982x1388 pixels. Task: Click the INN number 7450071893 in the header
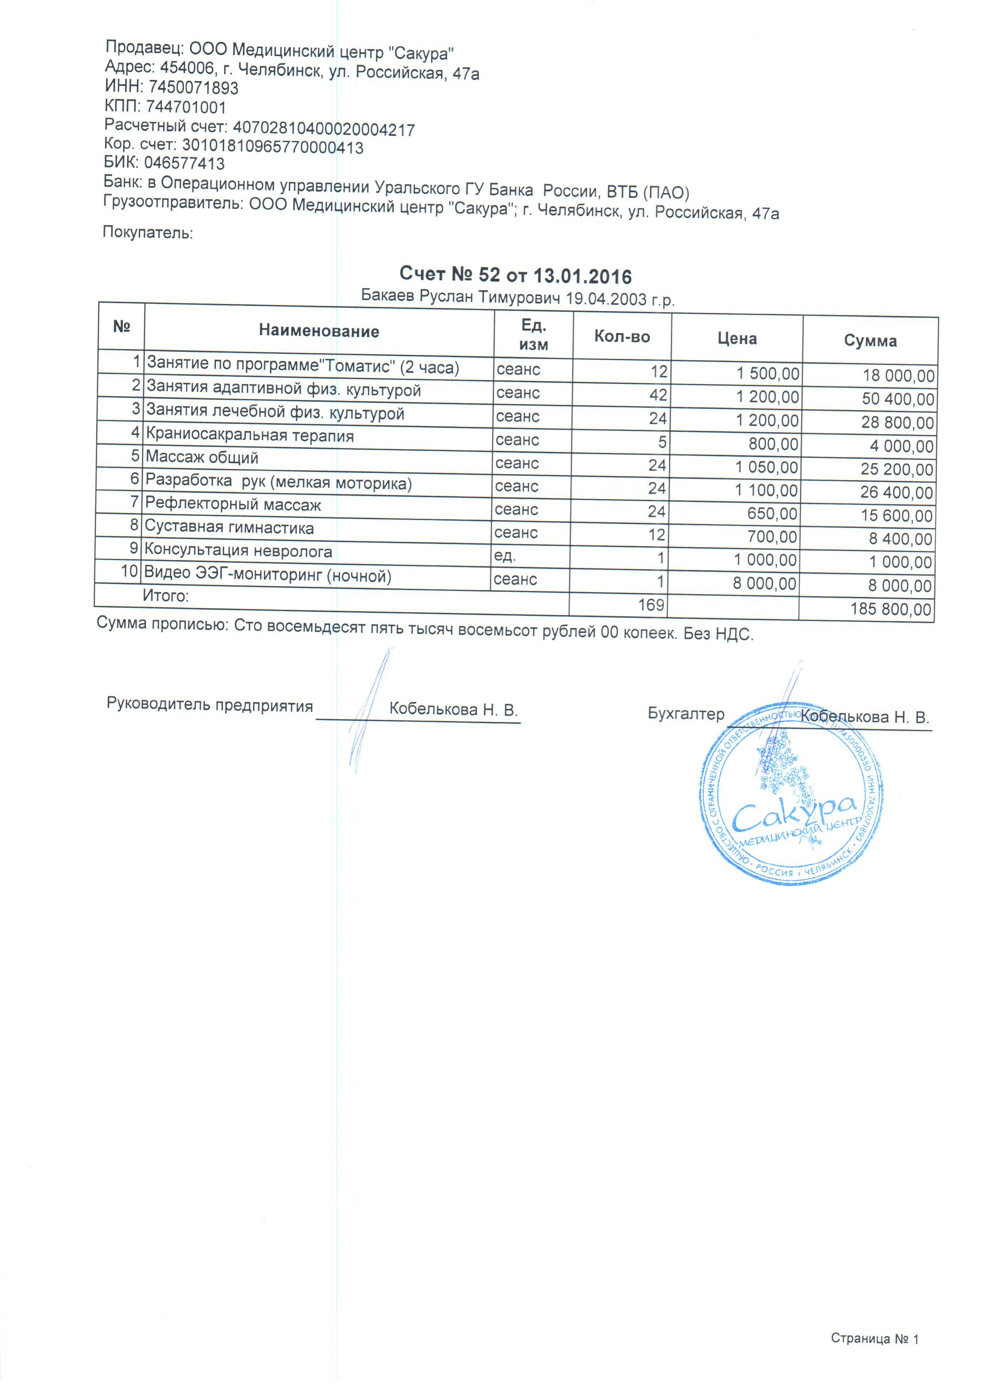(x=194, y=87)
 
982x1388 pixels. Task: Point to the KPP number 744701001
(x=186, y=108)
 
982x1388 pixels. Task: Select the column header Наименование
(x=319, y=331)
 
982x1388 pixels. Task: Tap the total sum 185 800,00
(x=891, y=609)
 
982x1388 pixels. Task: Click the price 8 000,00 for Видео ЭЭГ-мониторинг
(x=764, y=583)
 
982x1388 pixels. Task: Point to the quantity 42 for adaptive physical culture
(x=658, y=395)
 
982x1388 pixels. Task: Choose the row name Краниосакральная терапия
(x=250, y=435)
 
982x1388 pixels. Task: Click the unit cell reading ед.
(x=505, y=555)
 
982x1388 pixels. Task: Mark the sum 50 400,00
(x=898, y=399)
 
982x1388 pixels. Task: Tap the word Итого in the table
(x=165, y=596)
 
